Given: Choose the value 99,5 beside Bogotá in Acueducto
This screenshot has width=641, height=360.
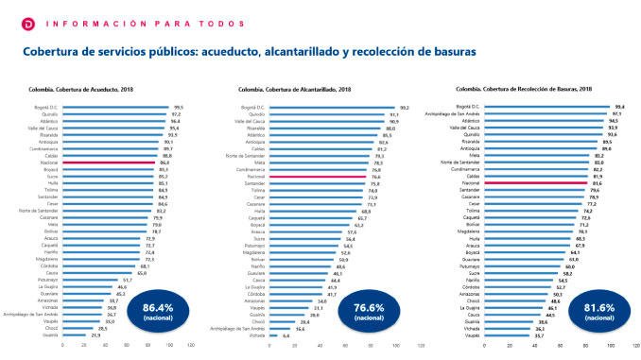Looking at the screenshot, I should point(177,108).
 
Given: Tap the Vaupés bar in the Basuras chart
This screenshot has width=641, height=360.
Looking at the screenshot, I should point(504,334).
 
